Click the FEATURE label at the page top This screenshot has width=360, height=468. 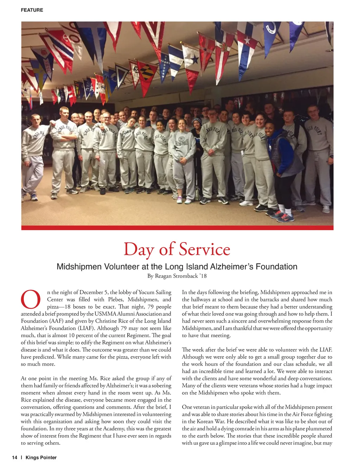point(32,10)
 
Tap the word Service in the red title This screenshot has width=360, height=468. point(204,249)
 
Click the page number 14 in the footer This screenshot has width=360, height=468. point(14,457)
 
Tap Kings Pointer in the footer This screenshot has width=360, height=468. point(41,457)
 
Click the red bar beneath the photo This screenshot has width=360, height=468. point(177,228)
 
